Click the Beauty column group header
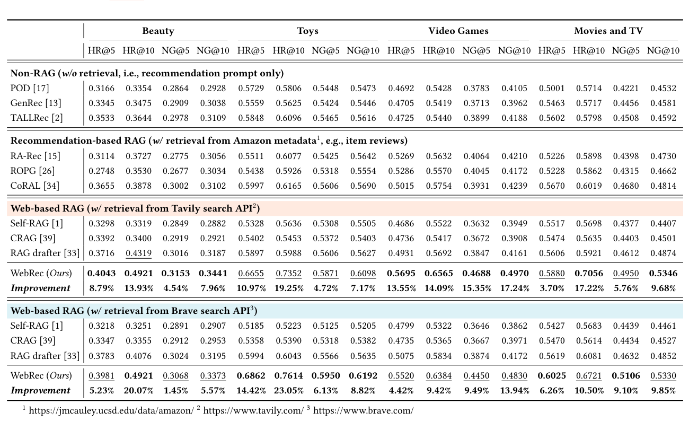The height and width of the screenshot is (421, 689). pos(158,31)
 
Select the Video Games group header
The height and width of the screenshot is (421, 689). pos(458,31)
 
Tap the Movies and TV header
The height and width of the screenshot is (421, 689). pos(608,31)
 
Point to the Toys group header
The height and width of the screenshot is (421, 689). pos(307,31)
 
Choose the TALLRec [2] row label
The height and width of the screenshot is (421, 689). pos(37,118)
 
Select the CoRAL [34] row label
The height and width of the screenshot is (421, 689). pos(35,186)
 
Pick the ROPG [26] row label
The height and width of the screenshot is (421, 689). pos(32,171)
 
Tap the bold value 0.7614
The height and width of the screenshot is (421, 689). pos(288,375)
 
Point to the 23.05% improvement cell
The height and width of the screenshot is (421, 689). pos(288,390)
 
